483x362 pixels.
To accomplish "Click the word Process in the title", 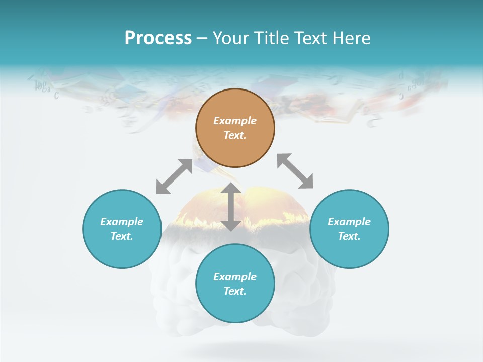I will pyautogui.click(x=158, y=38).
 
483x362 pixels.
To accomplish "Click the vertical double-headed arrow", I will pyautogui.click(x=231, y=207).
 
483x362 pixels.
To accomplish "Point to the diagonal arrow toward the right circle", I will pyautogui.click(x=295, y=171).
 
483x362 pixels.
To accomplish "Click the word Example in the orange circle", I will pyautogui.click(x=235, y=121).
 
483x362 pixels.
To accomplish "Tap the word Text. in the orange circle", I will pyautogui.click(x=235, y=135).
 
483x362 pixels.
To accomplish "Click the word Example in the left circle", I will pyautogui.click(x=122, y=222).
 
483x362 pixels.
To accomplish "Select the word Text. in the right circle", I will pyautogui.click(x=349, y=236).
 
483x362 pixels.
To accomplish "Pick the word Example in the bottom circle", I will pyautogui.click(x=235, y=277).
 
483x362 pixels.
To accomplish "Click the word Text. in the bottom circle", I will pyautogui.click(x=235, y=291).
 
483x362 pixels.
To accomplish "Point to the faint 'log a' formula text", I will pyautogui.click(x=43, y=87).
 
